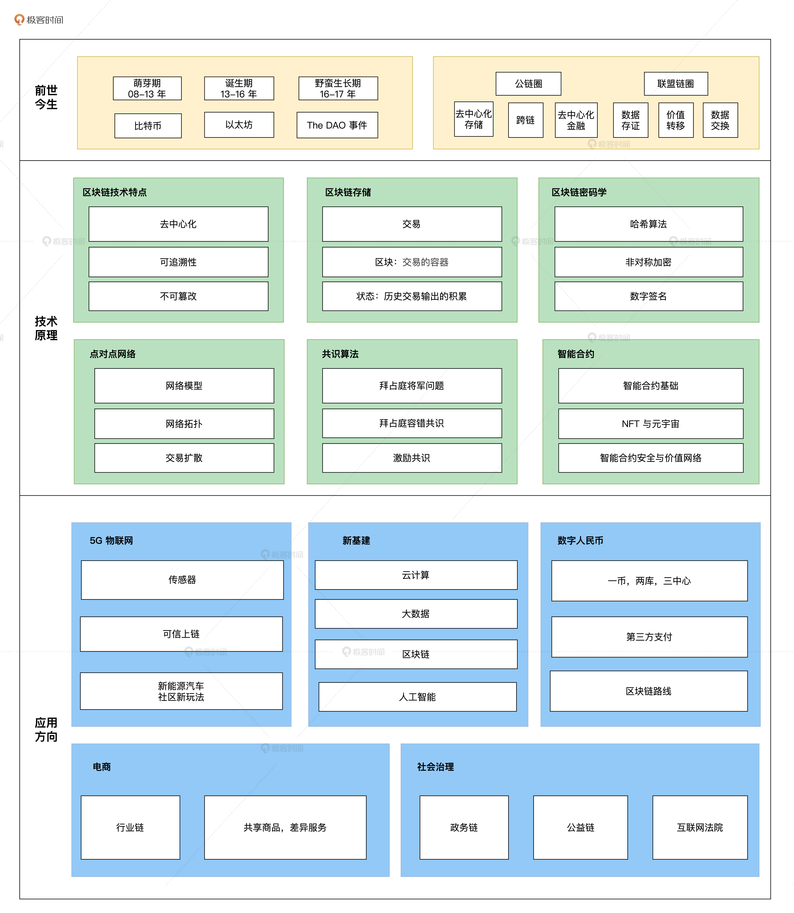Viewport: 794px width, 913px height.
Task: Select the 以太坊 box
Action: (x=239, y=125)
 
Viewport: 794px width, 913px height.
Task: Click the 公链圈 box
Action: (x=528, y=84)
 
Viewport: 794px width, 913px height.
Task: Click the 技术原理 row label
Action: (x=46, y=328)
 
